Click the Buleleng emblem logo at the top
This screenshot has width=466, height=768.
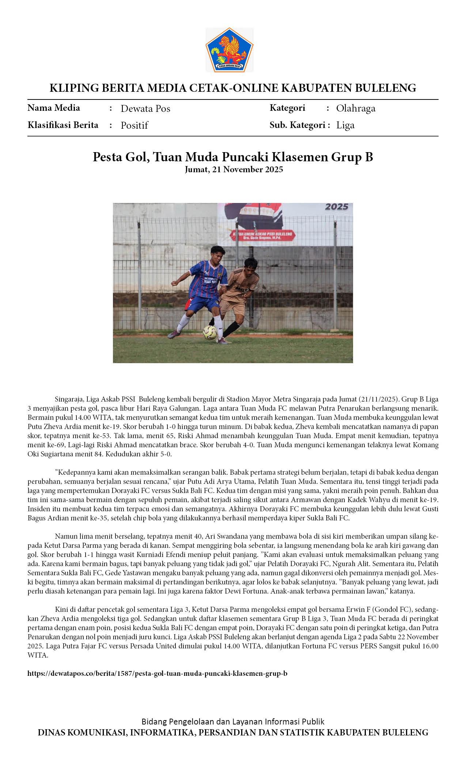pyautogui.click(x=230, y=50)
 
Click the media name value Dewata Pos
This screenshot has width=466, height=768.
pyautogui.click(x=145, y=109)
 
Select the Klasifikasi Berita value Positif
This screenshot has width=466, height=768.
pyautogui.click(x=134, y=125)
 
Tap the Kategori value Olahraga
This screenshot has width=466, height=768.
pyautogui.click(x=356, y=108)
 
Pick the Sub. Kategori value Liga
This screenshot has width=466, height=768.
pyautogui.click(x=345, y=125)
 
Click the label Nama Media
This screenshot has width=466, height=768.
pyautogui.click(x=54, y=108)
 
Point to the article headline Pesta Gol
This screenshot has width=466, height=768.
pyautogui.click(x=232, y=157)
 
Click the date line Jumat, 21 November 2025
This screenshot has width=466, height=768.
pyautogui.click(x=234, y=169)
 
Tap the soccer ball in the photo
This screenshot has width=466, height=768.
pyautogui.click(x=210, y=332)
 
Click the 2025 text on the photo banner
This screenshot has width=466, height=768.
pyautogui.click(x=336, y=207)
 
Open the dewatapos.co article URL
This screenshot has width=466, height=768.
pyautogui.click(x=157, y=673)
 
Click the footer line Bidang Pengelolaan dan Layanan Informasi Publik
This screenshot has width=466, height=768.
pyautogui.click(x=233, y=722)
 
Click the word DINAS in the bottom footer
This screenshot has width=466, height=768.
pyautogui.click(x=51, y=733)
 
